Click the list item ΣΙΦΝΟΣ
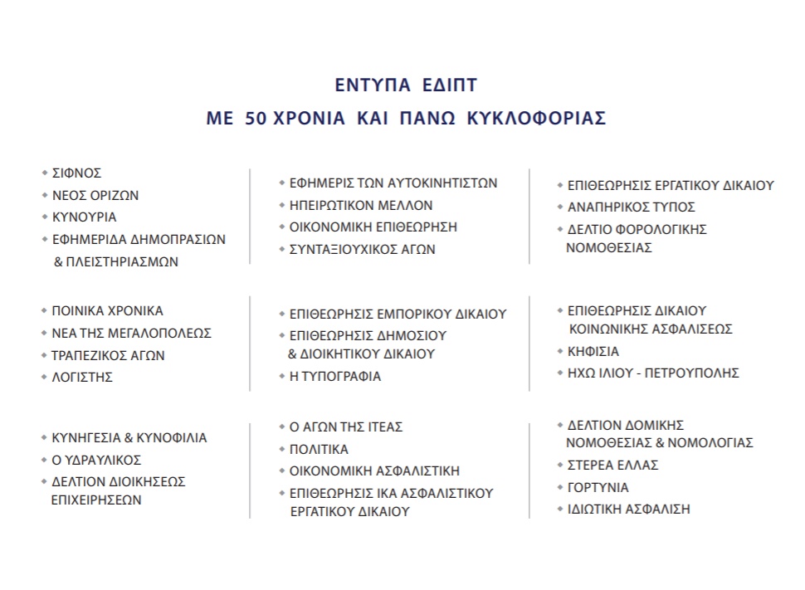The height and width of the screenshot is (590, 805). (x=76, y=173)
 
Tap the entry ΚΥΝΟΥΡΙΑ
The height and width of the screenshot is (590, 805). (x=85, y=217)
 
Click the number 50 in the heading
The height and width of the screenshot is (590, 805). (x=256, y=118)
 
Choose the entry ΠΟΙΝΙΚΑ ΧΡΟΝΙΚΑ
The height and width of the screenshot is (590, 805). (x=108, y=311)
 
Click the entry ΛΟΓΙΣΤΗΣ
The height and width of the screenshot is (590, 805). (x=82, y=378)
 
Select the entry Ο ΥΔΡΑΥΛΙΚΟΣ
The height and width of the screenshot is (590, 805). (x=96, y=460)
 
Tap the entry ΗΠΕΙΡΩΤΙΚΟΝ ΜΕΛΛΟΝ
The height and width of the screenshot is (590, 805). (x=361, y=206)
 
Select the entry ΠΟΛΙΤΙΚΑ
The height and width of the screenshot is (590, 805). (x=319, y=449)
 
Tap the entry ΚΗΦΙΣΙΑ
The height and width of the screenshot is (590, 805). (x=593, y=352)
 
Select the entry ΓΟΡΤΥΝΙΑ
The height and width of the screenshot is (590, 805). (x=598, y=488)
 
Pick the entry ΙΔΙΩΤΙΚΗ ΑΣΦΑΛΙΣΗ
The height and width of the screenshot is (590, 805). (x=629, y=510)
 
